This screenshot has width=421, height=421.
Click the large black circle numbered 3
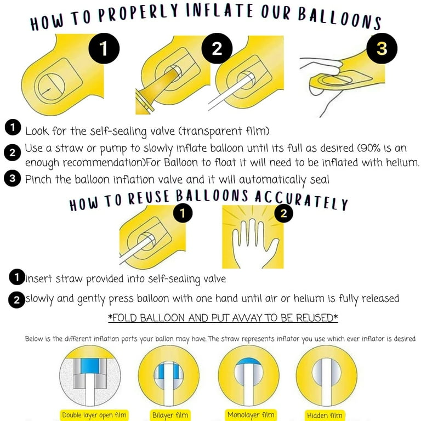[x=382, y=48]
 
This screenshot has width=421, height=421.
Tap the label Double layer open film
[x=94, y=415]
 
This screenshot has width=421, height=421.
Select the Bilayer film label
[x=170, y=415]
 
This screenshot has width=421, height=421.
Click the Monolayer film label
[x=251, y=415]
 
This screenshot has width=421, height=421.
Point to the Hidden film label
[x=325, y=416]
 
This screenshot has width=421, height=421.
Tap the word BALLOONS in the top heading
[x=340, y=19]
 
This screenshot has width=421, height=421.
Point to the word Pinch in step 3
[x=38, y=179]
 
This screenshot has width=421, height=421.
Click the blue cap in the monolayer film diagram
[x=248, y=361]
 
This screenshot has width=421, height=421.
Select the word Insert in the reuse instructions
[x=39, y=278]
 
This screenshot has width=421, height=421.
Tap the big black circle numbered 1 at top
[x=104, y=48]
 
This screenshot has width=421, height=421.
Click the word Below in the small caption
[x=34, y=339]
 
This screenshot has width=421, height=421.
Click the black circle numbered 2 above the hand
[x=283, y=213]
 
